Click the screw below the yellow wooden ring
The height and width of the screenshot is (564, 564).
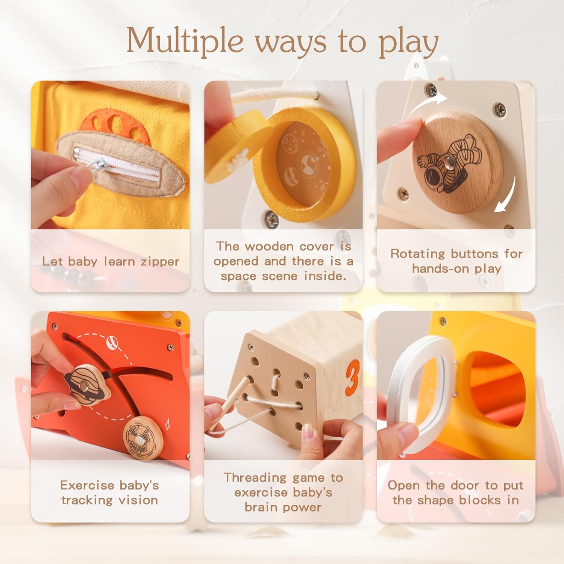click(x=271, y=219)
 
